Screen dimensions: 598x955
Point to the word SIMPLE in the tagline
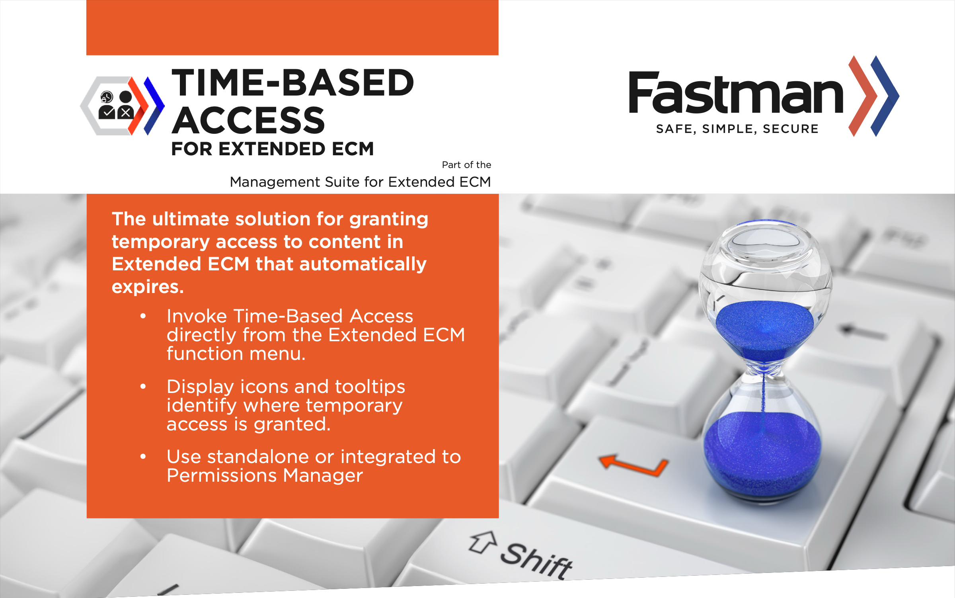(x=728, y=129)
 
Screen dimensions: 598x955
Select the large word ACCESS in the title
(x=248, y=120)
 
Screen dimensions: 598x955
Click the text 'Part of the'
(x=466, y=165)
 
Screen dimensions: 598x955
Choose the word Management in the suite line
(x=275, y=182)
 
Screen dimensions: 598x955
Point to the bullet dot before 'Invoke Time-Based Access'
(x=143, y=316)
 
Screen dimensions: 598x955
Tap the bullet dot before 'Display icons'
(x=143, y=386)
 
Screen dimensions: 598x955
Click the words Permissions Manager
(x=265, y=475)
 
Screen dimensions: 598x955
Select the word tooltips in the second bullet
(x=370, y=387)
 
